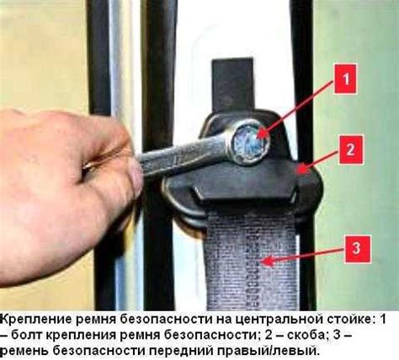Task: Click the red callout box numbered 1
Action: [345, 79]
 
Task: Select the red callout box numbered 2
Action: [351, 149]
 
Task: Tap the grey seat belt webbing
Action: [251, 261]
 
